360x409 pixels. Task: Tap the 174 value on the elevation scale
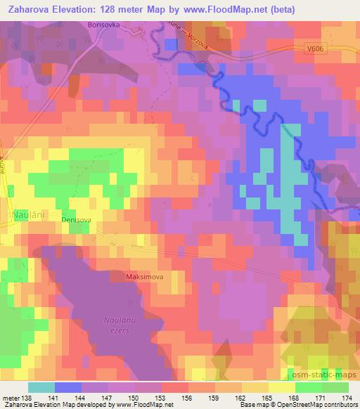pos(347,398)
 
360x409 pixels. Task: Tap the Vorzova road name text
pos(200,37)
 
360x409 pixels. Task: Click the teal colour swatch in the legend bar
pos(41,387)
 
